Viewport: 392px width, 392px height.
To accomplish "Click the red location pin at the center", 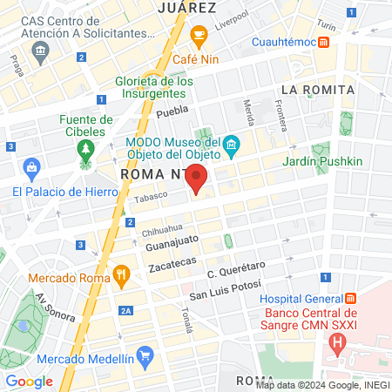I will coord(197,181).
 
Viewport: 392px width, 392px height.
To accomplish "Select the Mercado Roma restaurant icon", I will coord(121,278).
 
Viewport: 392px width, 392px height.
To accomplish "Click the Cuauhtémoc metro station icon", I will coord(324,42).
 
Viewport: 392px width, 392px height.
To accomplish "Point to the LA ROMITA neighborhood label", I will coord(317,90).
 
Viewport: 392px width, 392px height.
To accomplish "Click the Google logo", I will coord(29,381).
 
